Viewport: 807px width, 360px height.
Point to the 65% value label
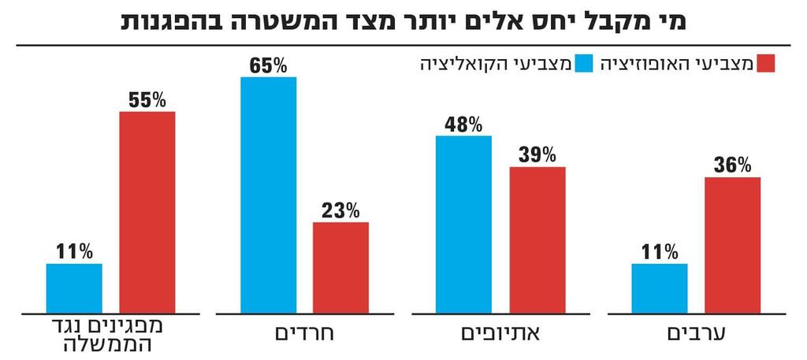coord(269,65)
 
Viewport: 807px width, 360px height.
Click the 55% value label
coord(147,100)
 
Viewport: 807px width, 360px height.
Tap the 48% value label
coord(463,124)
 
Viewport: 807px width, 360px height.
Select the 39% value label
coord(537,154)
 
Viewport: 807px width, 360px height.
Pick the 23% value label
coord(340,210)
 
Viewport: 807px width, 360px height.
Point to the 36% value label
coord(732,165)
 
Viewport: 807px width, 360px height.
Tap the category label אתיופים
coord(500,334)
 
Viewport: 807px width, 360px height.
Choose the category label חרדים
coord(304,334)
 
